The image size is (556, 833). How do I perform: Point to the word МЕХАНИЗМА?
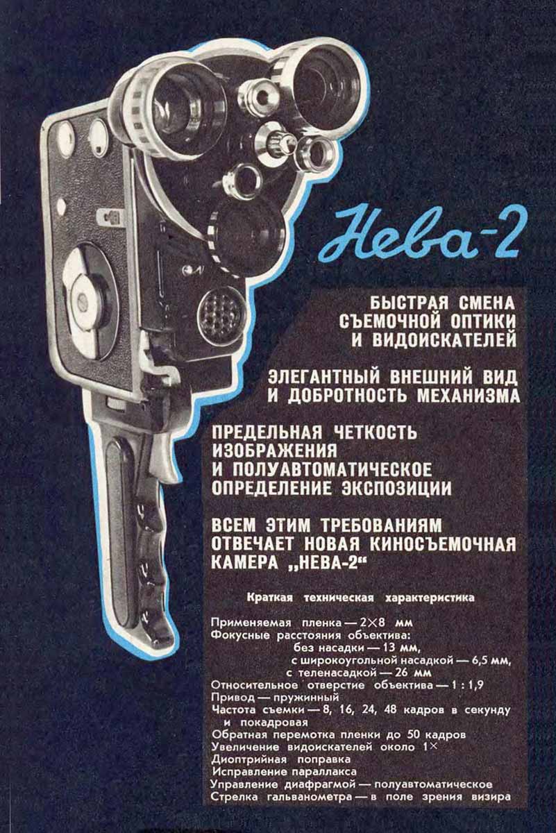pyautogui.click(x=469, y=396)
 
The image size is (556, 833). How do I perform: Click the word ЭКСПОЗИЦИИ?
pyautogui.click(x=396, y=487)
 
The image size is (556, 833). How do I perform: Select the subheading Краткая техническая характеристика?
pyautogui.click(x=361, y=598)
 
